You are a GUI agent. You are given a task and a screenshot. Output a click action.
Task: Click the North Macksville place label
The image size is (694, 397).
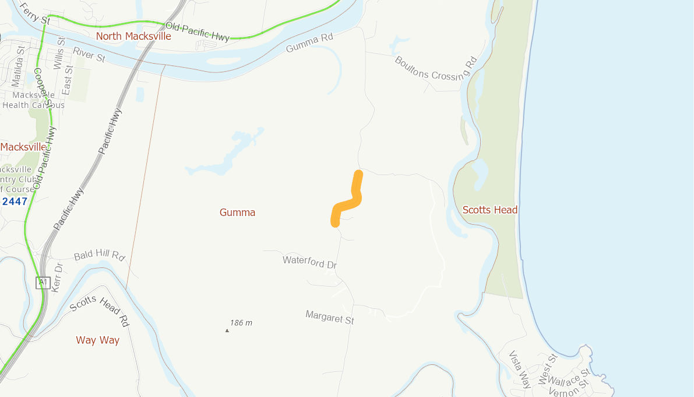tap(133, 36)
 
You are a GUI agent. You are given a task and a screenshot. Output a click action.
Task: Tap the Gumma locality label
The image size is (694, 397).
tap(237, 213)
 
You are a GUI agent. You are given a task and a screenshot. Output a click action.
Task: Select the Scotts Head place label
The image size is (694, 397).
tap(489, 210)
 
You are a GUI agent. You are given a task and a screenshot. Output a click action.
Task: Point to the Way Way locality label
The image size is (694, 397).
tap(97, 340)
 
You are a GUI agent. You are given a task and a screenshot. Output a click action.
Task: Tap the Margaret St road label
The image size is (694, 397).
tap(329, 318)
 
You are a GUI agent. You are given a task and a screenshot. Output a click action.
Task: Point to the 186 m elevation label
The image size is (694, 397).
tap(241, 323)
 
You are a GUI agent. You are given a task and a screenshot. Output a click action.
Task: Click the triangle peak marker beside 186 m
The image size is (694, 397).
tap(227, 330)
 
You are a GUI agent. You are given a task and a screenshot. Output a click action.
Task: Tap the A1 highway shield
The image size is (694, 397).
tap(43, 283)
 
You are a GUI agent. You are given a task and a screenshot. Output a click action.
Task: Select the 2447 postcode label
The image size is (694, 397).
tap(15, 201)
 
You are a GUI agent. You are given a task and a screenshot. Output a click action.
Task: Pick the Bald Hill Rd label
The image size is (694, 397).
tap(100, 256)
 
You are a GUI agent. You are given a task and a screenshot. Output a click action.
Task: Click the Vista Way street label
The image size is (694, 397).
tap(520, 370)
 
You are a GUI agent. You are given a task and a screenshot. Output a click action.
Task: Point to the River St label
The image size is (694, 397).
tap(89, 55)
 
